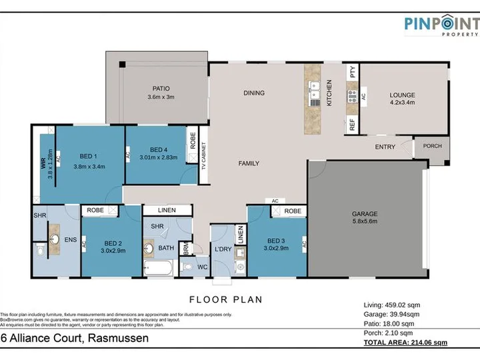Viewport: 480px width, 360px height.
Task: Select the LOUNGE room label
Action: tap(402, 95)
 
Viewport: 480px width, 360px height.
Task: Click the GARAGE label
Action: tap(365, 214)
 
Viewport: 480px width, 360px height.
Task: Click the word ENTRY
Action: tap(385, 147)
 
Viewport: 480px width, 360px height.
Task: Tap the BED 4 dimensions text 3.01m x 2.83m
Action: tap(158, 158)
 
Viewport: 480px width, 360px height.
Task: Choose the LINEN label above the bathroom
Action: tap(166, 211)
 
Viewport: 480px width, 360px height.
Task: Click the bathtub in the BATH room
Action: tap(159, 269)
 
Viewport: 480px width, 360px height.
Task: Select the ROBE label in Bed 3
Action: tap(292, 211)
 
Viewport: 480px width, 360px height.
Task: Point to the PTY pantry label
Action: tap(353, 71)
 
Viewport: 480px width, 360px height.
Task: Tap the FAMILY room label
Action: tap(249, 163)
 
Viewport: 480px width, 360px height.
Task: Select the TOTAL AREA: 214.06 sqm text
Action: tap(405, 342)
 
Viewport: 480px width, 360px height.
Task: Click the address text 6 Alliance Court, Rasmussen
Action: tap(74, 339)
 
